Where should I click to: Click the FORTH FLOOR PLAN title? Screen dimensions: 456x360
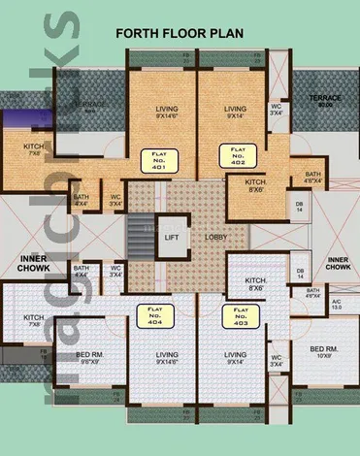180,33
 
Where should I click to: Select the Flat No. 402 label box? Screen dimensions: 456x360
236,153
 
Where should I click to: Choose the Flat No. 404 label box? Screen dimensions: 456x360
153,316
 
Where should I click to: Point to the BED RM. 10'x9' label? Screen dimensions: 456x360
323,351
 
